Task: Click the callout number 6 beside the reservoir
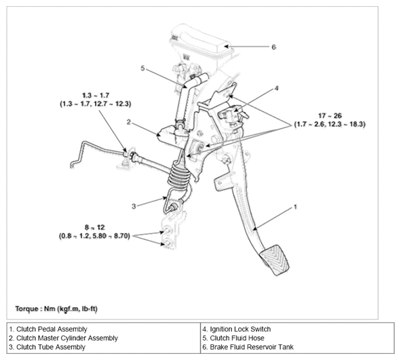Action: [x=273, y=47]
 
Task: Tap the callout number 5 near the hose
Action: [x=142, y=68]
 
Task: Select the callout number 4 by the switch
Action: [x=276, y=88]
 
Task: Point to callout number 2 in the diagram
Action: [x=129, y=122]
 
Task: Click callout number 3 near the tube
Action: [x=134, y=206]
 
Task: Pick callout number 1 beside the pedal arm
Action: [x=295, y=207]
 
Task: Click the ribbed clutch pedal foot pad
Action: [x=275, y=260]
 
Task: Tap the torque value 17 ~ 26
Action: [x=330, y=116]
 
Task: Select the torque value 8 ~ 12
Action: [x=94, y=227]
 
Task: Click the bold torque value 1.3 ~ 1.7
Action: [x=96, y=96]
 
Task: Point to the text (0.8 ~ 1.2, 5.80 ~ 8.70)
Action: [x=94, y=236]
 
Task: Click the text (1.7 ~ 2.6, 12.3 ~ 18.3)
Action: [x=330, y=125]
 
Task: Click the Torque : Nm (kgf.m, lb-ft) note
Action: [x=56, y=308]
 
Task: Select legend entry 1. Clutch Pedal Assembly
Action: [x=48, y=329]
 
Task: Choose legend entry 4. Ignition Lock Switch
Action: [x=237, y=329]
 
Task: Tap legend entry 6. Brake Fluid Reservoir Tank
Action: [x=248, y=347]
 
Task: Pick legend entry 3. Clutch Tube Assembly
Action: [x=47, y=347]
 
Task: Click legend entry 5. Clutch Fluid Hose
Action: [x=233, y=338]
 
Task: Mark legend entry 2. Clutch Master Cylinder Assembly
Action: [x=63, y=338]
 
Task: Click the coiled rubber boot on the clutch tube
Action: [x=179, y=176]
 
